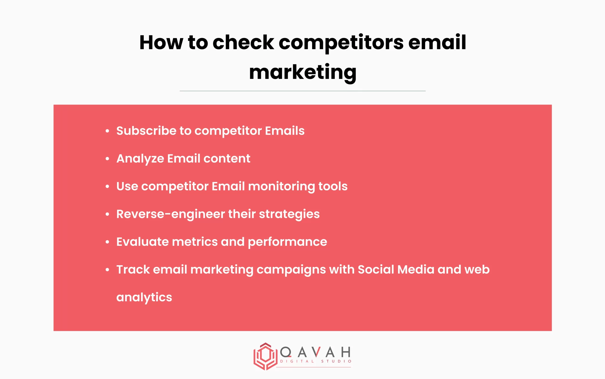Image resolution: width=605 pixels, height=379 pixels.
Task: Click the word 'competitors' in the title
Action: click(341, 43)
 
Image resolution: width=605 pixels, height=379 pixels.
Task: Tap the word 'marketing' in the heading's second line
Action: click(302, 73)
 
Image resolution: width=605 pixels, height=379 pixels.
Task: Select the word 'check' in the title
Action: click(243, 43)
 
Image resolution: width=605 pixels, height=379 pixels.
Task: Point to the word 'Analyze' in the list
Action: click(140, 159)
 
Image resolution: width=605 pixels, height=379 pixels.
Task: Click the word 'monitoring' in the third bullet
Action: click(281, 186)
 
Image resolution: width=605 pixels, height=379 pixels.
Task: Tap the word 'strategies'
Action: click(289, 214)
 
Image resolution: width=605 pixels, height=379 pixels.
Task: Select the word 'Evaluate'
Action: click(142, 242)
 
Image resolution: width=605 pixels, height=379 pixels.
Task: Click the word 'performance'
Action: click(287, 242)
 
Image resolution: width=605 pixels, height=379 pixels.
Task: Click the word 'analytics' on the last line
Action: click(144, 297)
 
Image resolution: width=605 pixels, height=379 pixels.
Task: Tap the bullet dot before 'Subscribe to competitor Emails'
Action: click(107, 131)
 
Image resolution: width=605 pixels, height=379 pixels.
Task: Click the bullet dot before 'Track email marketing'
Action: click(107, 270)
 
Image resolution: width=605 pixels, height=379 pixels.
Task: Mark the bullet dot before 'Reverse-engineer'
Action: click(107, 214)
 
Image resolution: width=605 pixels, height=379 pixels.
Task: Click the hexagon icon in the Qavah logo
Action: click(265, 356)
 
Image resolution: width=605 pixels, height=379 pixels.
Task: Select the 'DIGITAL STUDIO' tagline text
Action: click(316, 361)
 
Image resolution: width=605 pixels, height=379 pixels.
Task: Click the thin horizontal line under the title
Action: click(302, 91)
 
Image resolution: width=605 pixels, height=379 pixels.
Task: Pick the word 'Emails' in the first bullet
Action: click(285, 131)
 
